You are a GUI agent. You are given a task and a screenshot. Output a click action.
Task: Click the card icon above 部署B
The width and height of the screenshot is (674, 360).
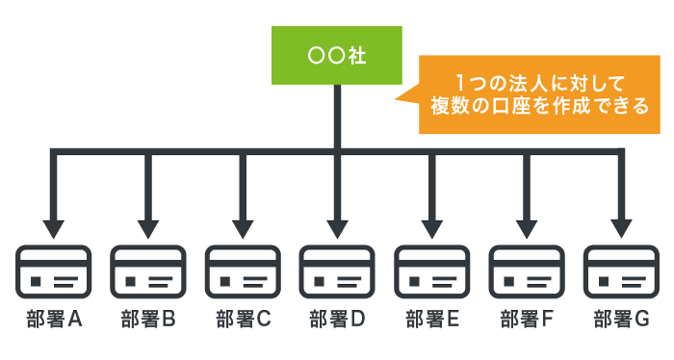click(x=148, y=272)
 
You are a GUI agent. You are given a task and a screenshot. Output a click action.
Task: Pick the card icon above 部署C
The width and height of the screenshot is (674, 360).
click(x=243, y=272)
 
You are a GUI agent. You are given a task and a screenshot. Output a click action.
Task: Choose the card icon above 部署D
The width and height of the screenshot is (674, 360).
click(x=337, y=272)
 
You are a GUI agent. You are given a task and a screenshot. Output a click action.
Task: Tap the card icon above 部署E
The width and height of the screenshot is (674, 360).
click(x=431, y=272)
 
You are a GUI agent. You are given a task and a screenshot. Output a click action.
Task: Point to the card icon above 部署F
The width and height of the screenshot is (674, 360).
click(x=526, y=272)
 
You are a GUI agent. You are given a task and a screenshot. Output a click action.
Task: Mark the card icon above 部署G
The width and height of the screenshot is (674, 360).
click(x=620, y=272)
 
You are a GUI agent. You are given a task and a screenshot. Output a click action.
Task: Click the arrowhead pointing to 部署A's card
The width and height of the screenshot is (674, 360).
click(x=54, y=228)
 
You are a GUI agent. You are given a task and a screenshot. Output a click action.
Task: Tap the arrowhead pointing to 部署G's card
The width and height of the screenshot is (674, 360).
click(x=620, y=228)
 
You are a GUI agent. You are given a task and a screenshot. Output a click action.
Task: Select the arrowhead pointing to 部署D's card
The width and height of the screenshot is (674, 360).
click(x=337, y=228)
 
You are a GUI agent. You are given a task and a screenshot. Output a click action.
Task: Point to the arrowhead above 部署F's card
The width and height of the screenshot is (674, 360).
click(x=526, y=228)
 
